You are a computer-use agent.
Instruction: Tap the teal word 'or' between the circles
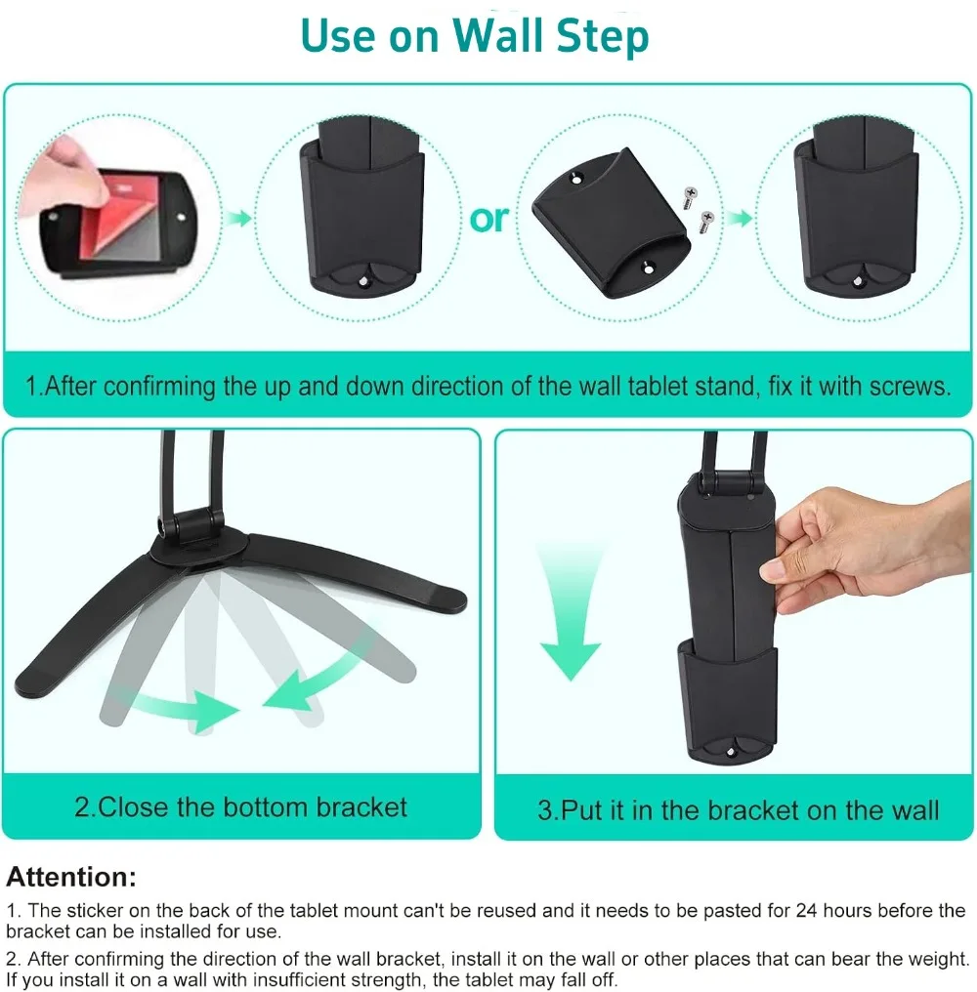click(488, 220)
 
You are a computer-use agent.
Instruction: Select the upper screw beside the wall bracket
click(690, 197)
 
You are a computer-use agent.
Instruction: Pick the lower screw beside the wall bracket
click(705, 222)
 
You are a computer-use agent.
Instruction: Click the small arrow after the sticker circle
click(239, 219)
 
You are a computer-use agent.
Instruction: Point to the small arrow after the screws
click(739, 219)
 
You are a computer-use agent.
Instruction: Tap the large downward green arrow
click(570, 614)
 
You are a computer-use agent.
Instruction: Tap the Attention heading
click(71, 878)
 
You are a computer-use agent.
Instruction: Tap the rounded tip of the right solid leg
click(450, 599)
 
